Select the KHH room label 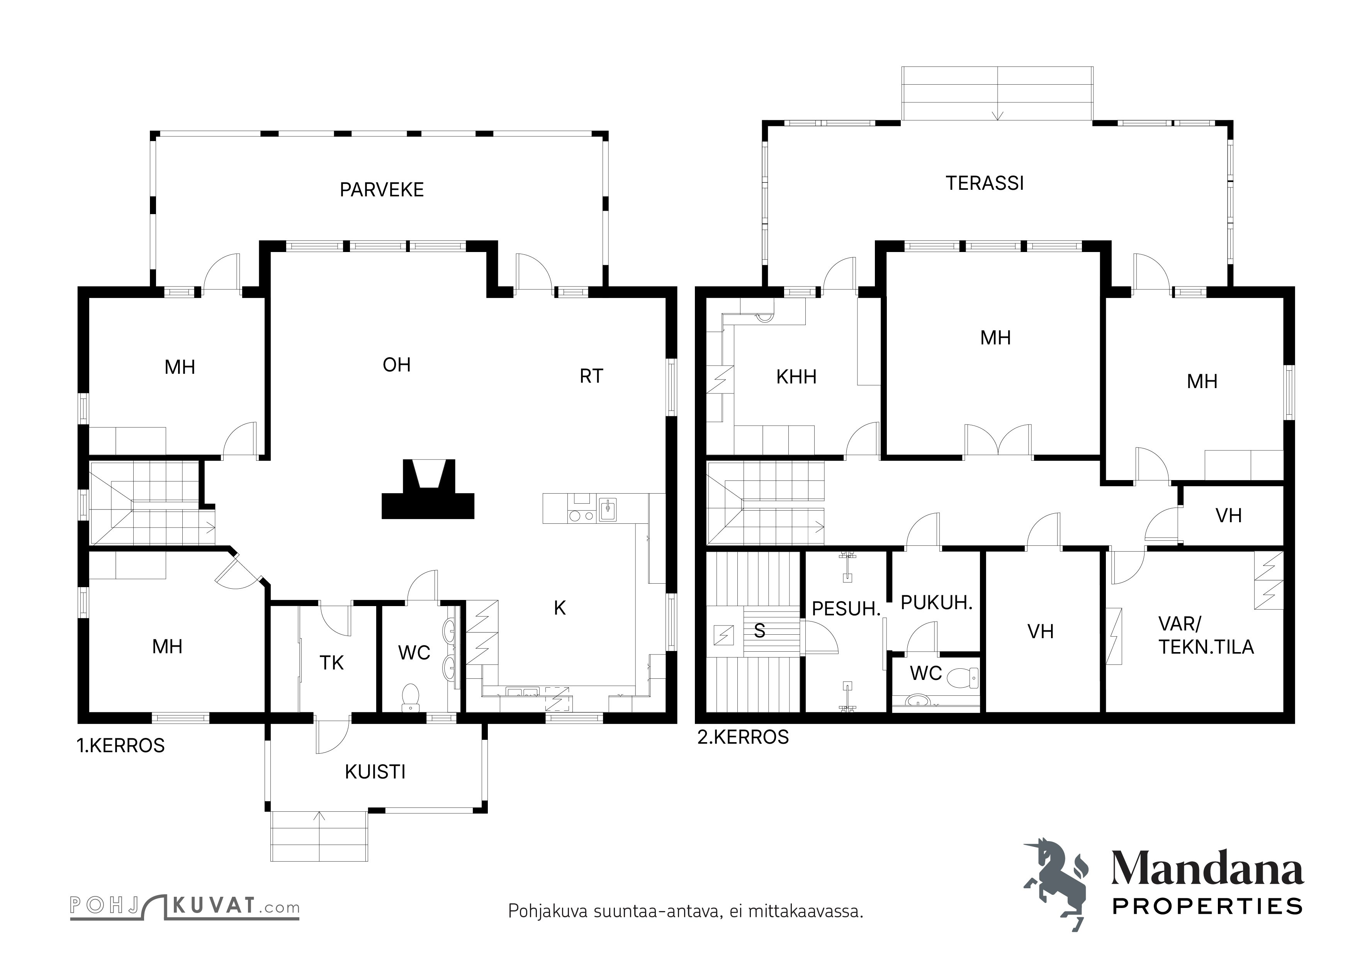point(796,377)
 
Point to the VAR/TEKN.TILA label point(1206,635)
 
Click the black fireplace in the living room point(428,489)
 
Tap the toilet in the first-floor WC point(409,697)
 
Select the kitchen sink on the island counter point(607,509)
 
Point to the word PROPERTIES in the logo point(1207,906)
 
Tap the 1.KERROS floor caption point(121,746)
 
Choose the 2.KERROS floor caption point(743,738)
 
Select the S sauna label point(759,631)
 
